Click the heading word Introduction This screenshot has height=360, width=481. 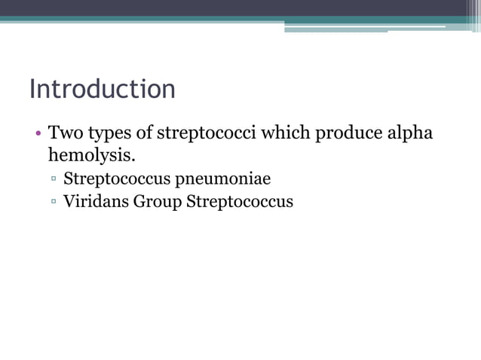click(x=103, y=89)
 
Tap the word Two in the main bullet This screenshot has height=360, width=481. click(x=64, y=134)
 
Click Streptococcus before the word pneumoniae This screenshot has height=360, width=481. click(x=112, y=180)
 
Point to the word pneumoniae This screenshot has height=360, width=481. click(x=218, y=180)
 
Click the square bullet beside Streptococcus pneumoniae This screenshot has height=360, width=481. click(x=54, y=180)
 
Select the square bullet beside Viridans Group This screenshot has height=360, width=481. click(x=54, y=202)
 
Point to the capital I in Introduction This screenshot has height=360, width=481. click(x=32, y=89)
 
